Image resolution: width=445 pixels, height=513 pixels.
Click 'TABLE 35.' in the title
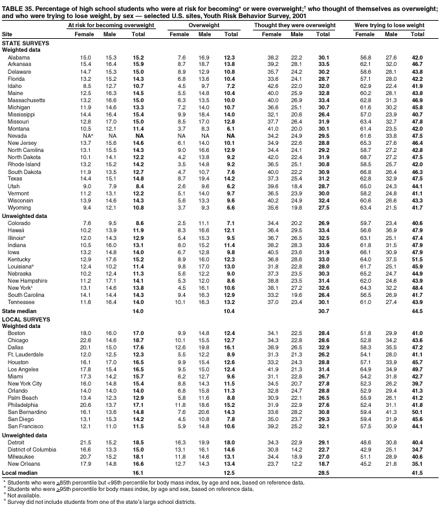(x=17, y=5)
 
